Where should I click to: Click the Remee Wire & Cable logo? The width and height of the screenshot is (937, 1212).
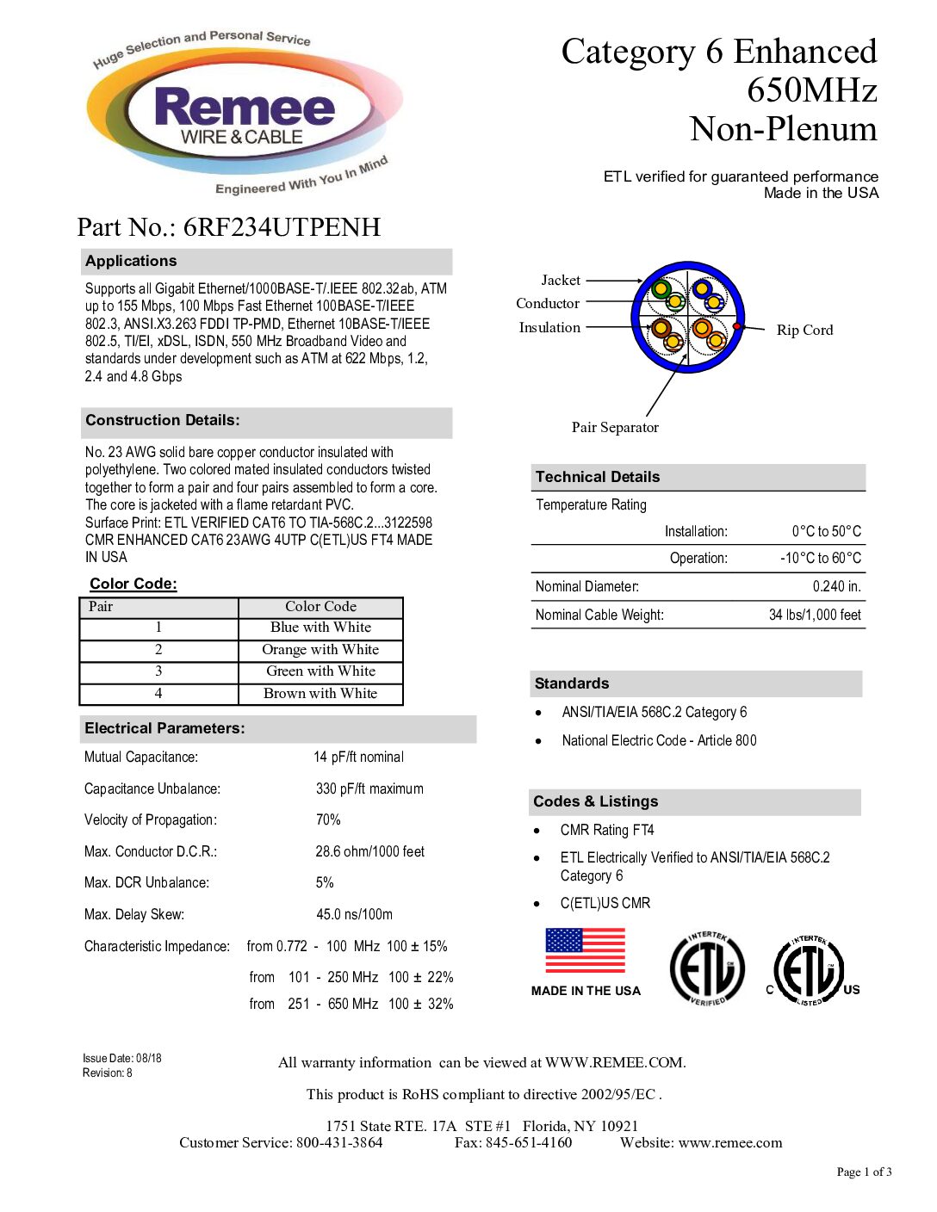coord(244,113)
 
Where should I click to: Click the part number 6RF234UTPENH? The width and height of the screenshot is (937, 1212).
coord(282,227)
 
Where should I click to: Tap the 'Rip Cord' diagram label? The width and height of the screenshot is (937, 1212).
coord(804,331)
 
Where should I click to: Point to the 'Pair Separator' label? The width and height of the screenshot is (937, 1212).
coord(615,428)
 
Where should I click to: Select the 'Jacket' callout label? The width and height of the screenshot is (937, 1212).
coord(561,281)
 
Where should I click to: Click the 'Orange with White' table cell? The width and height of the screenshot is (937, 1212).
coord(320,650)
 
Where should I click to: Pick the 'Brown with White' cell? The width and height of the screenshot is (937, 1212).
coord(320,694)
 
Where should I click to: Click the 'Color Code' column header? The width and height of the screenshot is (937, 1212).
coord(320,607)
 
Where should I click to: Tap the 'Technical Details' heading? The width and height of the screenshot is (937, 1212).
coord(598,477)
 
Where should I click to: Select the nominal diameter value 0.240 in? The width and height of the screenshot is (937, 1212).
coord(836,587)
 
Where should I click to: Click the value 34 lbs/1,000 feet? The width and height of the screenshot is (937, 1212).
coord(815,615)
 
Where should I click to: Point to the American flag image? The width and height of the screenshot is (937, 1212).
coord(585,951)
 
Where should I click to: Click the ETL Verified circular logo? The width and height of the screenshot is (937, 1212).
coord(707,969)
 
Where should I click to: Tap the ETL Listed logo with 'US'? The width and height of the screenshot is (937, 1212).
coord(810,970)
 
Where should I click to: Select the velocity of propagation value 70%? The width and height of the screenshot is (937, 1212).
coord(328,820)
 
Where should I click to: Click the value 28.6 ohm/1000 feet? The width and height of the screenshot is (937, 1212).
coord(369,852)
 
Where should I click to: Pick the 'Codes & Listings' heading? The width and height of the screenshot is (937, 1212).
coord(596,802)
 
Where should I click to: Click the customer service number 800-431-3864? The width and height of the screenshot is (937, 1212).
coord(339,1143)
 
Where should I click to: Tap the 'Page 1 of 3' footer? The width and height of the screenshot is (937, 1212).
coord(864,1172)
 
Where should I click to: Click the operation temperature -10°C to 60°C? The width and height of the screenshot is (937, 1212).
coord(820,559)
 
